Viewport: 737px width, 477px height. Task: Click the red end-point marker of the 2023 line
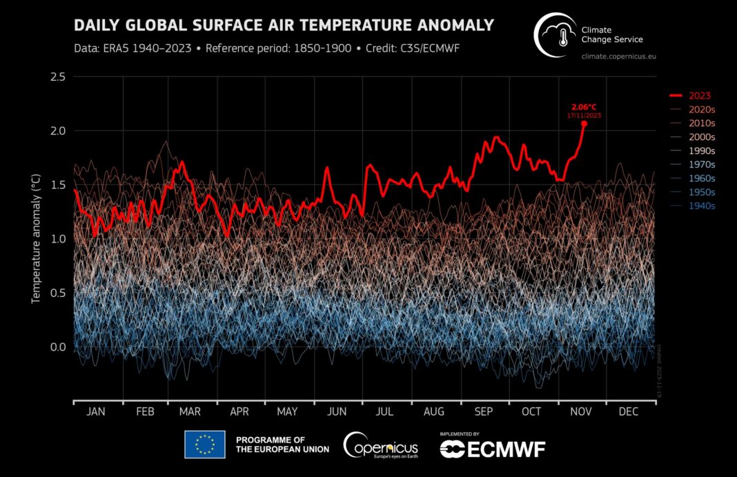tap(584, 124)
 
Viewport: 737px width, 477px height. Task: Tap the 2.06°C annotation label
tap(584, 107)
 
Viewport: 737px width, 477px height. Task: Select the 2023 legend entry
tap(691, 95)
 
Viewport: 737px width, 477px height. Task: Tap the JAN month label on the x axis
tap(95, 412)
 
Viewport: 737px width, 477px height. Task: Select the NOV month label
tap(580, 412)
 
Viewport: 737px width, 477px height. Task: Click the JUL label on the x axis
tap(385, 412)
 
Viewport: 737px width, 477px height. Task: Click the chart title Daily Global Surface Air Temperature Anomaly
tap(284, 26)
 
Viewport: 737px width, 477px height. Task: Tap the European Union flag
tap(204, 445)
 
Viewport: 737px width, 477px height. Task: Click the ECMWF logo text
tap(492, 449)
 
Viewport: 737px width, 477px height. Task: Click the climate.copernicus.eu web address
tap(618, 55)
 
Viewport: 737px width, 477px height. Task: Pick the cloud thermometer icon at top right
tap(556, 35)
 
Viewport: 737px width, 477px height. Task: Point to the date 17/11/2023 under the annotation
tap(584, 115)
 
